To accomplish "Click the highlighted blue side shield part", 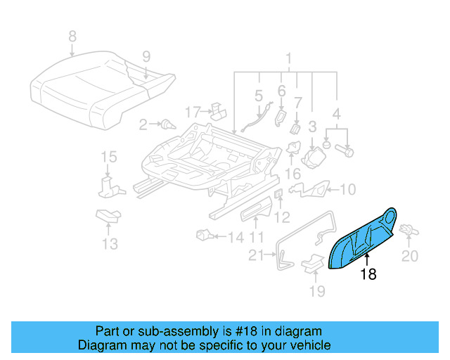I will [362, 240].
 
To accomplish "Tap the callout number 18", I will [368, 275].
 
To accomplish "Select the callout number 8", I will [72, 36].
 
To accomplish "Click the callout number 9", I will [146, 57].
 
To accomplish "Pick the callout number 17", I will [193, 111].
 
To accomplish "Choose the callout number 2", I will [143, 124].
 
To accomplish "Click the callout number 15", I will [108, 157].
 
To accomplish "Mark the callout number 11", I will [257, 237].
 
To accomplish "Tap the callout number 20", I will [409, 255].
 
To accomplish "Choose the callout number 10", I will [349, 188].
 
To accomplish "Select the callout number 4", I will [336, 113].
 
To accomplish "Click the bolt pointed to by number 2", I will [167, 125].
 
